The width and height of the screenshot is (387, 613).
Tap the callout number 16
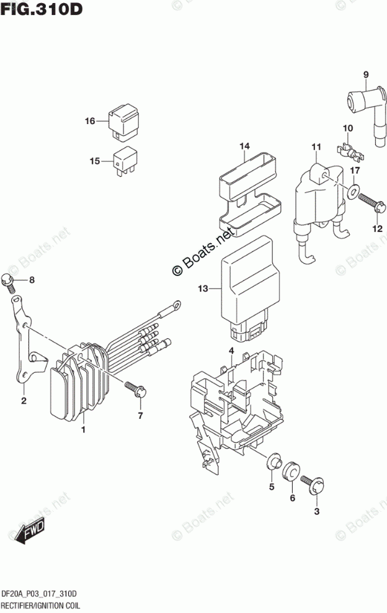tap(91, 121)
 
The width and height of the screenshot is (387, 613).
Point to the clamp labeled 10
tap(347, 150)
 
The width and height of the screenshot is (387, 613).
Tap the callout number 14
tap(244, 147)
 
